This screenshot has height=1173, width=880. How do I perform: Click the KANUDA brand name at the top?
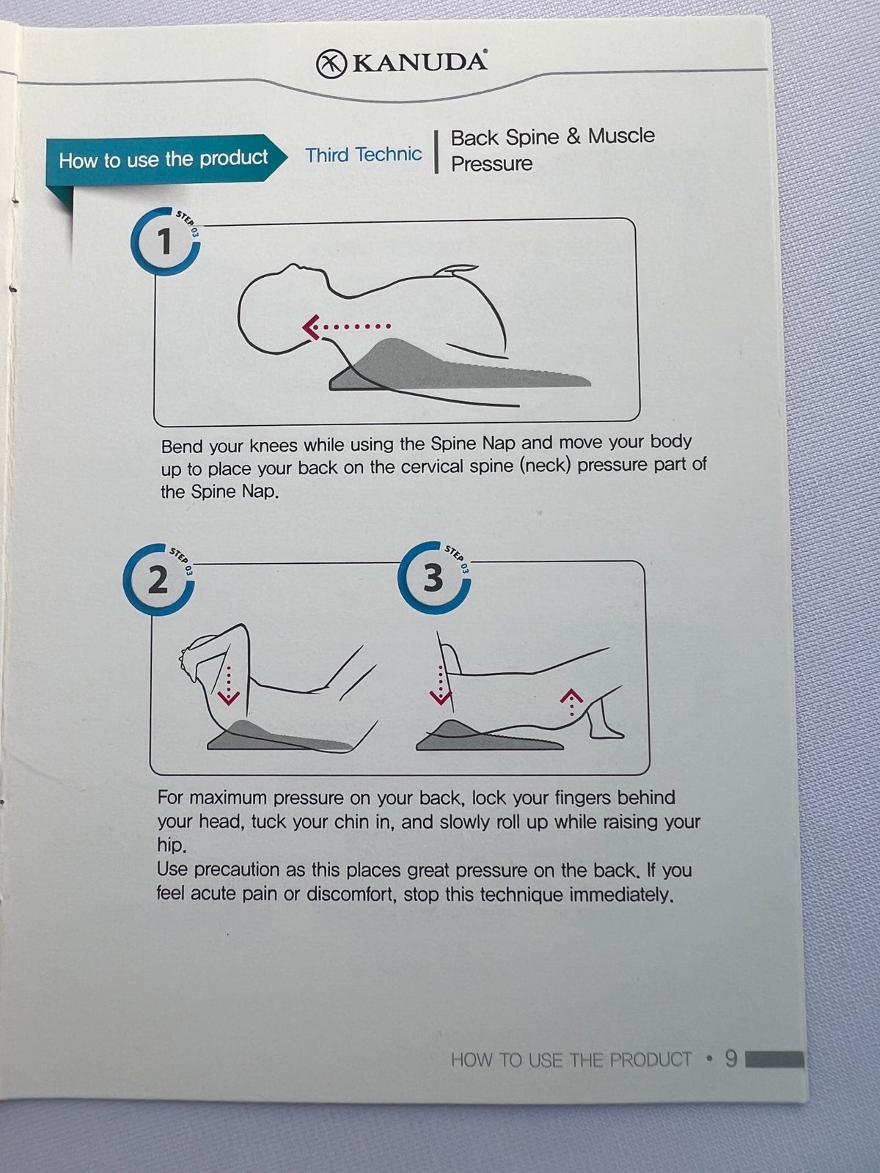coord(419,62)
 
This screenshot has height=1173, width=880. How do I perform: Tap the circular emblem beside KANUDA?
coord(331,64)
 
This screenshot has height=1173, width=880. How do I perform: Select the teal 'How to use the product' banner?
coord(164,159)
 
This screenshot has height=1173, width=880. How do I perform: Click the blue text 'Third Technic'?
coord(363,155)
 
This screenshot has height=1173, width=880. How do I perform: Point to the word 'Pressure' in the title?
coord(491,163)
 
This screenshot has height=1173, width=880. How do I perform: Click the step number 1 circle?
coord(166,241)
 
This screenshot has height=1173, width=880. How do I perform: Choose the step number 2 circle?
coord(158,579)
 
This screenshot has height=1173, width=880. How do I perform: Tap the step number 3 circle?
coord(434,578)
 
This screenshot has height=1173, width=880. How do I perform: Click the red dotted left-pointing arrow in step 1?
coord(346,326)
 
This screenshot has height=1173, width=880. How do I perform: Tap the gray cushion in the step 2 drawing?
coord(278,736)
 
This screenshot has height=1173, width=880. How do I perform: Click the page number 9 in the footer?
coord(731,1059)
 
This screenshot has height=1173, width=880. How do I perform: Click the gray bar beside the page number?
coord(774,1059)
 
